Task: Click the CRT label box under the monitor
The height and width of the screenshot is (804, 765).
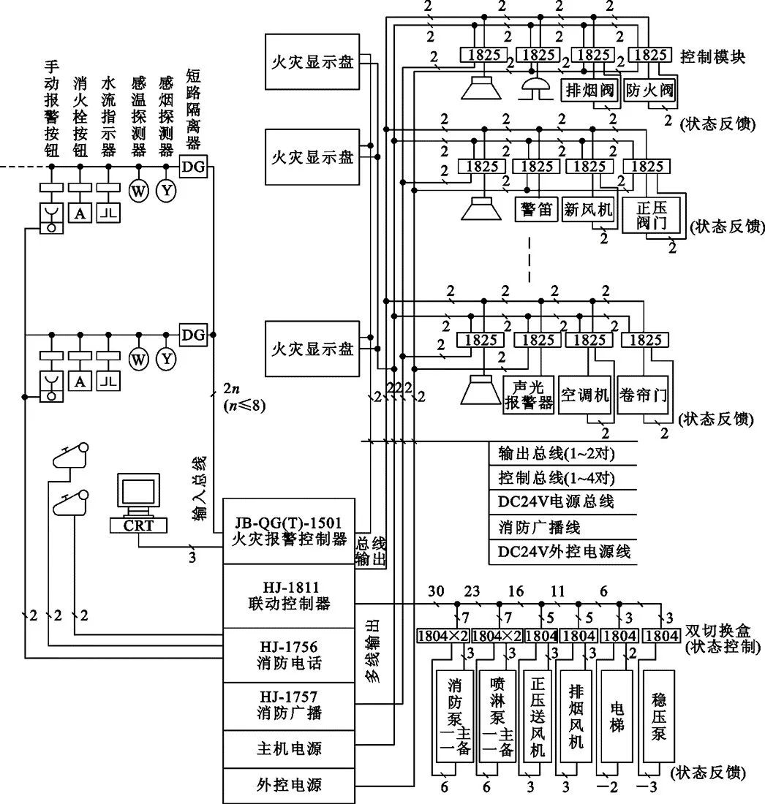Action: (137, 525)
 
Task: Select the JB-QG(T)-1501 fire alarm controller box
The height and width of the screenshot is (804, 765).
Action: (287, 531)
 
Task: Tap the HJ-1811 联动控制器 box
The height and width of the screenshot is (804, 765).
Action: (287, 595)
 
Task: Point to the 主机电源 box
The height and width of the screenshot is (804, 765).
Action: (287, 749)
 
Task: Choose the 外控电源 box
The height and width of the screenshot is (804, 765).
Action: (287, 786)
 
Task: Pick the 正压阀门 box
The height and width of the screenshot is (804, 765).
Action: (652, 215)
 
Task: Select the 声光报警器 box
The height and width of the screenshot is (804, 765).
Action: (528, 395)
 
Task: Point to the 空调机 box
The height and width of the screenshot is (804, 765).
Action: (584, 395)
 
